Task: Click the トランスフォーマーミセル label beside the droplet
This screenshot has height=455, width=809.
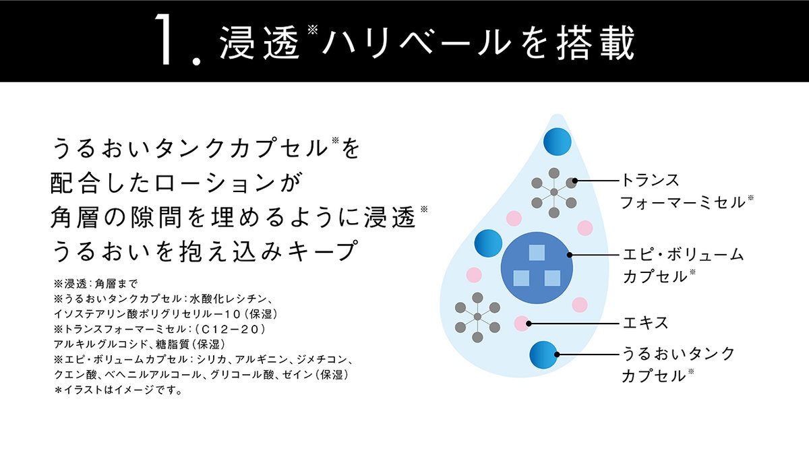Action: pos(681,191)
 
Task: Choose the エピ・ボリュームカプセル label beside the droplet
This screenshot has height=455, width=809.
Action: pos(681,265)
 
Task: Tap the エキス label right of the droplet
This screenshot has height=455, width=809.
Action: pos(645,323)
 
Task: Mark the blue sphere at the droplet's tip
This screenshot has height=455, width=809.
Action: pos(557,141)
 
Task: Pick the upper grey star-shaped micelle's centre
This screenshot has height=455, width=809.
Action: pos(553,192)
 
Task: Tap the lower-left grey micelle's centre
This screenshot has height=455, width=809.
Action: pos(477,316)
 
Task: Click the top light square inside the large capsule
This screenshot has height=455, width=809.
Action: pos(537,252)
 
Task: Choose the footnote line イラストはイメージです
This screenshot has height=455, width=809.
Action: pos(122,390)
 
